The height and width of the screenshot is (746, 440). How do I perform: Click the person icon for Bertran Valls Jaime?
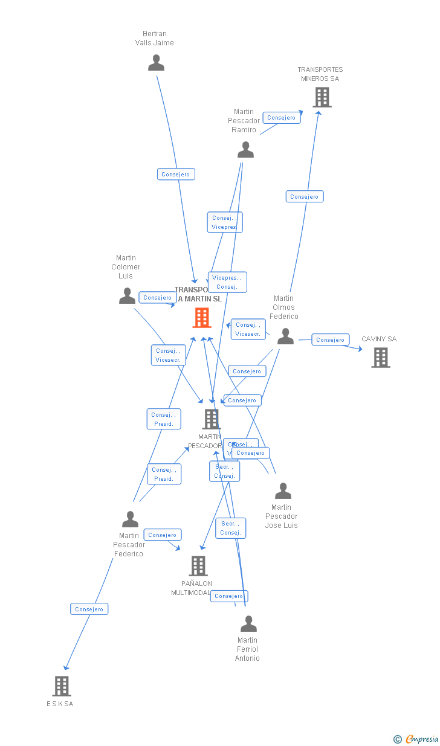[x=156, y=63]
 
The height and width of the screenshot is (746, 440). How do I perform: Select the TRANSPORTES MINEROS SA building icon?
[x=322, y=97]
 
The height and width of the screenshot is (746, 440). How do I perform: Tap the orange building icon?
[x=202, y=318]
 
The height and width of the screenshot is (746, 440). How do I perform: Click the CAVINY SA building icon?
[x=380, y=358]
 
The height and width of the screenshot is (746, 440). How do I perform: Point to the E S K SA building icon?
[x=62, y=686]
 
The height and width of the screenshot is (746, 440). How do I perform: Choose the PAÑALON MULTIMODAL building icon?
[x=198, y=566]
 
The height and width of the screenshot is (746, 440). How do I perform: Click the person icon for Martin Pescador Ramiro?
[x=245, y=150]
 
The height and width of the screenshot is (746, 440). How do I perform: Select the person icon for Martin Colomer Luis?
[x=127, y=296]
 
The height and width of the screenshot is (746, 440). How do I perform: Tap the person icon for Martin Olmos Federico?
[x=285, y=336]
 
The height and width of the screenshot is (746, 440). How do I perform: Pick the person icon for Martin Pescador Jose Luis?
[x=283, y=491]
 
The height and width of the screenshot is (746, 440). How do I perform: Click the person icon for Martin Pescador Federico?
[x=130, y=519]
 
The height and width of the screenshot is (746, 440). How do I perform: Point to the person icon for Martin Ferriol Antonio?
[x=248, y=624]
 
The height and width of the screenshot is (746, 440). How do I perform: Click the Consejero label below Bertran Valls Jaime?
[x=176, y=175]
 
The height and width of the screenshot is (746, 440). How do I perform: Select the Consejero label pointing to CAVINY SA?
[x=331, y=340]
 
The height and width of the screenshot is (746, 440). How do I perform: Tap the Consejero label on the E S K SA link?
[x=89, y=609]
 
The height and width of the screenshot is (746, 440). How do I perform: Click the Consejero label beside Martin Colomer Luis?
[x=158, y=298]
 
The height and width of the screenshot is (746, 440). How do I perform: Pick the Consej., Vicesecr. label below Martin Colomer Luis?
[x=168, y=355]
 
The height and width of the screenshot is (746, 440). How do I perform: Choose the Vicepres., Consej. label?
[x=227, y=282]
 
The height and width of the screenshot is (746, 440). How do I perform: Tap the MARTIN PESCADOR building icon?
[x=211, y=419]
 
